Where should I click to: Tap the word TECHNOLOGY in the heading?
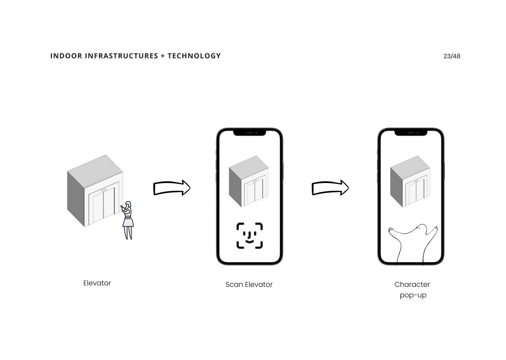tap(194, 56)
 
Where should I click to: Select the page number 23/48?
tap(452, 56)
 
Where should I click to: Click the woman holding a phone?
tap(128, 221)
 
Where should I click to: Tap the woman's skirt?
tap(128, 222)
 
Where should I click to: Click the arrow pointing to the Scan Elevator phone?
tap(171, 187)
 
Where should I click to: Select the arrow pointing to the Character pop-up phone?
tap(330, 187)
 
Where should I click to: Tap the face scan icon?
tap(250, 236)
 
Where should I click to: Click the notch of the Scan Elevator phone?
tap(250, 133)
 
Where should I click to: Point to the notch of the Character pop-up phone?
tap(411, 133)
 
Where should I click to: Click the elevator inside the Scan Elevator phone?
tap(249, 181)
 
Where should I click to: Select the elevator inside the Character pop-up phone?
tap(410, 181)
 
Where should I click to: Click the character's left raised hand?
tap(391, 230)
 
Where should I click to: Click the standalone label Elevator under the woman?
tap(97, 283)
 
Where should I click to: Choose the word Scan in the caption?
tap(234, 284)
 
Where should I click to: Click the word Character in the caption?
tap(412, 284)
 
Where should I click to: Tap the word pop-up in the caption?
tap(413, 295)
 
